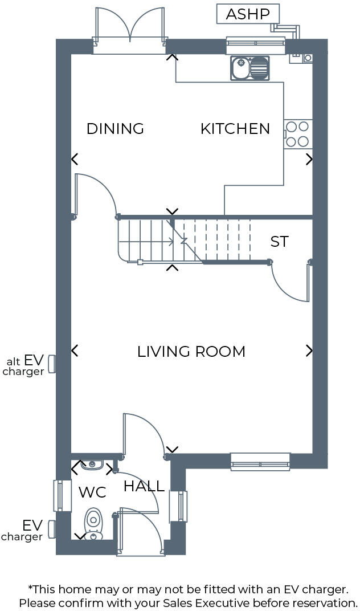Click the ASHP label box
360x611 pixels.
click(248, 14)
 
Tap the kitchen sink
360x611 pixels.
click(250, 68)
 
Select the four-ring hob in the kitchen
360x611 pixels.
click(298, 134)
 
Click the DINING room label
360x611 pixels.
click(115, 129)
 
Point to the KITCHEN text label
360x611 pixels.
click(235, 129)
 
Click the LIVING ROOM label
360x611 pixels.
click(191, 352)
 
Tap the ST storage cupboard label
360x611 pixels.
click(279, 242)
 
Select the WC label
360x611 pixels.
click(92, 492)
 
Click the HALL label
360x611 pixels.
click(144, 486)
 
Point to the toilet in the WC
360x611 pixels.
click(93, 523)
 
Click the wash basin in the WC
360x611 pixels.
click(92, 466)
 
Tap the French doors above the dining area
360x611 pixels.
click(130, 28)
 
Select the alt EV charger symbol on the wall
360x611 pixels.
click(51, 364)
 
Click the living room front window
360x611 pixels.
click(260, 461)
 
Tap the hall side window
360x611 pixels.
click(181, 506)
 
